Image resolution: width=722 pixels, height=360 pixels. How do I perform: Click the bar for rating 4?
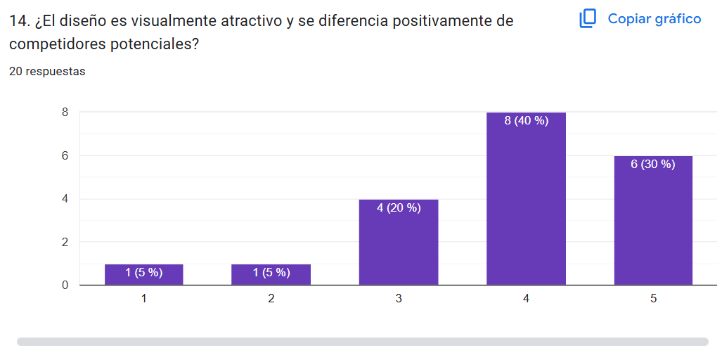(526, 204)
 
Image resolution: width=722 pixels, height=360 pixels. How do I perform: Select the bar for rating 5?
(653, 225)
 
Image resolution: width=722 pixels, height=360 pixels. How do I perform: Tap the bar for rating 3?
(399, 246)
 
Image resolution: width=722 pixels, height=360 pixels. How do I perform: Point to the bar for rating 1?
(144, 276)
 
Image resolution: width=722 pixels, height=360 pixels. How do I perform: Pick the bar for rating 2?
(271, 276)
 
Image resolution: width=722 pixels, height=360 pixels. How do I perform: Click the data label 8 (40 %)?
(526, 121)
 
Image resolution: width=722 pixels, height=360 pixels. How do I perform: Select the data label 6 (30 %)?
(653, 165)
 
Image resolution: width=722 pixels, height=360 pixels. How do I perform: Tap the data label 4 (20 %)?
(399, 208)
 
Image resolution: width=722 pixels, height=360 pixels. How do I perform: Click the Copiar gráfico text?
(654, 19)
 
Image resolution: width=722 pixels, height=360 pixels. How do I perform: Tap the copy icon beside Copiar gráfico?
(588, 19)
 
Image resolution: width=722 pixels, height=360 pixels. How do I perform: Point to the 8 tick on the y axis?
(65, 112)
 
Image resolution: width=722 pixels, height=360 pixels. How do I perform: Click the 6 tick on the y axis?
(65, 155)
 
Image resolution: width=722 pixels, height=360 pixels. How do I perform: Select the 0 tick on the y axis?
(65, 285)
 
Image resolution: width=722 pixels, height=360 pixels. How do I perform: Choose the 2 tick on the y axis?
(65, 242)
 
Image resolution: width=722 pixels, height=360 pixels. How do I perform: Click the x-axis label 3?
(399, 299)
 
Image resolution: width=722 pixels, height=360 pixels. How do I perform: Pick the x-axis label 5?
(653, 299)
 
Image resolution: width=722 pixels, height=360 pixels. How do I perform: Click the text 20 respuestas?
(47, 72)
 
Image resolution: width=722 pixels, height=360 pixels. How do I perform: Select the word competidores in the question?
(58, 44)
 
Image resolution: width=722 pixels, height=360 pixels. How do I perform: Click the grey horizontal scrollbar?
(362, 342)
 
